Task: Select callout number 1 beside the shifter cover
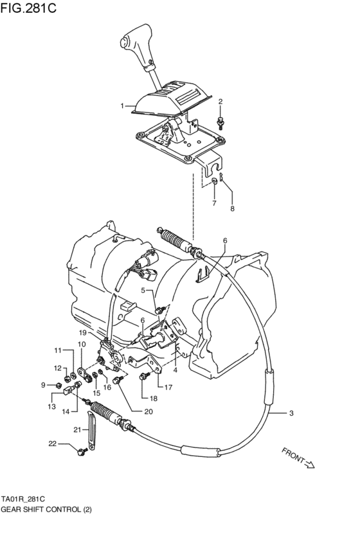(x=120, y=105)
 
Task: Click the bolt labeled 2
(x=221, y=120)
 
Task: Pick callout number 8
(x=233, y=209)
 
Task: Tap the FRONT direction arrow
(x=298, y=459)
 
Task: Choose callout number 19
(x=82, y=333)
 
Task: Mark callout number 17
(x=168, y=388)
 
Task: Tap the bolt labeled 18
(x=142, y=379)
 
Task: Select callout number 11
(x=57, y=350)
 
